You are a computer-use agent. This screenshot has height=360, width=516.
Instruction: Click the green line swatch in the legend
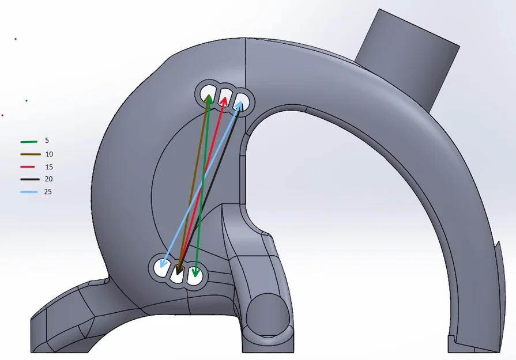pyautogui.click(x=29, y=142)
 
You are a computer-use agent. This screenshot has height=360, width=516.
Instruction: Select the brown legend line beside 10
pyautogui.click(x=31, y=154)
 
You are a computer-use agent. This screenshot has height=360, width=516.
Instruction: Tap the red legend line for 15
pyautogui.click(x=28, y=167)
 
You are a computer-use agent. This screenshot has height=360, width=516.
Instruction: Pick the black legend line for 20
pyautogui.click(x=30, y=179)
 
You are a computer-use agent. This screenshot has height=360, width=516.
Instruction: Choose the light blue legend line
pyautogui.click(x=29, y=192)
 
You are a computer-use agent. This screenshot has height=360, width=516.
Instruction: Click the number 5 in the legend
pyautogui.click(x=47, y=141)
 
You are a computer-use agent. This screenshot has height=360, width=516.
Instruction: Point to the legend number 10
pyautogui.click(x=49, y=154)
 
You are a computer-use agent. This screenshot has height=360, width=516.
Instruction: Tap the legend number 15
pyautogui.click(x=49, y=167)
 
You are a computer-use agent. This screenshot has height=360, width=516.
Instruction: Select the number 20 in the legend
pyautogui.click(x=48, y=179)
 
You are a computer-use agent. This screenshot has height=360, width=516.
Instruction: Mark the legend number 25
pyautogui.click(x=48, y=192)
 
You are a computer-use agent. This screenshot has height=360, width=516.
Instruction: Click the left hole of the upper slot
pyautogui.click(x=207, y=93)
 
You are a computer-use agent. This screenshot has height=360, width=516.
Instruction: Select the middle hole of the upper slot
pyautogui.click(x=225, y=96)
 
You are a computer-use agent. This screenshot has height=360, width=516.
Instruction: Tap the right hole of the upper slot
pyautogui.click(x=242, y=101)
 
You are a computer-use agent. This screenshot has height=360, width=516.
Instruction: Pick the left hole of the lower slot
pyautogui.click(x=161, y=266)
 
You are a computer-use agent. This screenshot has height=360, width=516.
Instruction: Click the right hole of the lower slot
pyautogui.click(x=195, y=275)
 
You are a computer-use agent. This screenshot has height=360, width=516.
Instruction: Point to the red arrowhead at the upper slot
pyautogui.click(x=224, y=100)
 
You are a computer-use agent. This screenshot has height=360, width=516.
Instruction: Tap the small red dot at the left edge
pyautogui.click(x=2, y=115)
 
